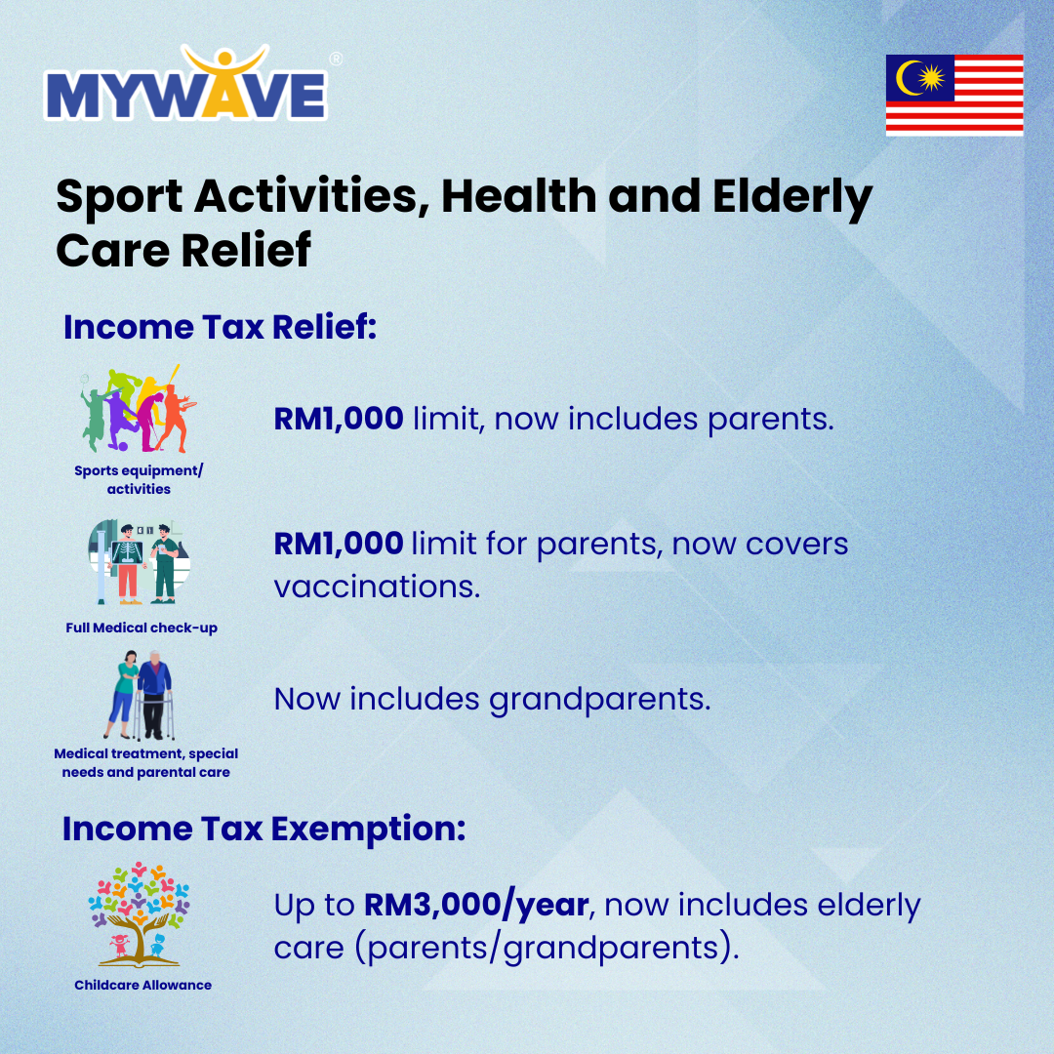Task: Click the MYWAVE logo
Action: coord(186,83)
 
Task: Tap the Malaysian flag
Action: coord(954,95)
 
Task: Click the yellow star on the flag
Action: coord(932,78)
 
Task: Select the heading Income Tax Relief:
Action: coord(220,327)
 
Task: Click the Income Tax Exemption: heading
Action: coord(264,829)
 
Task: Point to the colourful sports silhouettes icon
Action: coord(139,409)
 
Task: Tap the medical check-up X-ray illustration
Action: coord(140,562)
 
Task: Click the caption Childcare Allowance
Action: coord(143,985)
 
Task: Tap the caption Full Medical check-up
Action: coord(142,628)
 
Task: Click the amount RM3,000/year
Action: coord(476,905)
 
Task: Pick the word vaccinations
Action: coord(377,587)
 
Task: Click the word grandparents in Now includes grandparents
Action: coord(599,700)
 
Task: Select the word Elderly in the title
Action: coord(792,197)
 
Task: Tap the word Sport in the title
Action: coord(119,197)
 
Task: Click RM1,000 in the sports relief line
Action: coord(339,419)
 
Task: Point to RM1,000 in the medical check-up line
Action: coord(339,544)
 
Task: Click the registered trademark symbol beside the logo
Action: coord(336,60)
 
